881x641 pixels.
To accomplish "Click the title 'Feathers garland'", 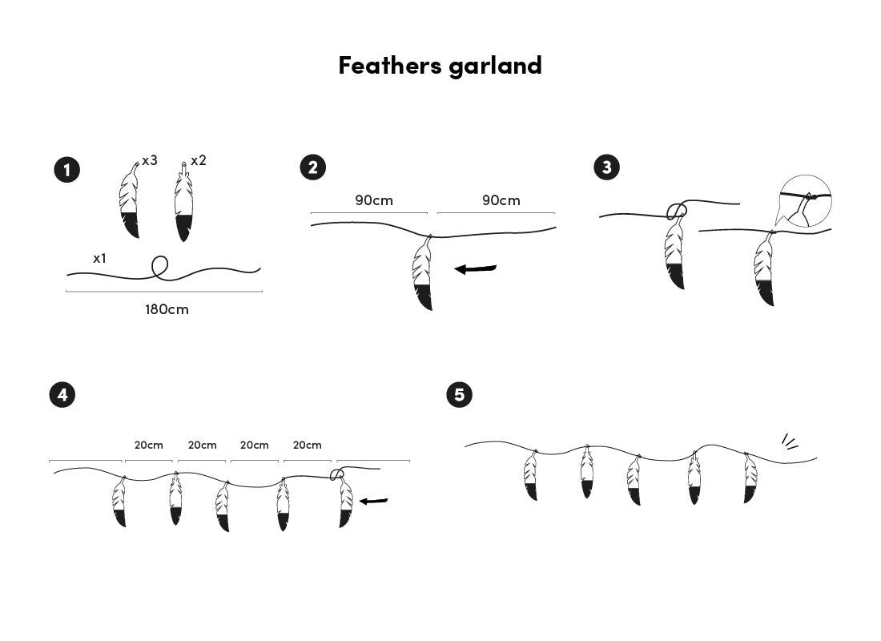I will [x=440, y=65].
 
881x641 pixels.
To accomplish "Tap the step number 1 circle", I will [x=66, y=170].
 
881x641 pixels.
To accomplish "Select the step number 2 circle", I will [x=312, y=167].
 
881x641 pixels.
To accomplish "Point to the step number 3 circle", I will [x=606, y=167].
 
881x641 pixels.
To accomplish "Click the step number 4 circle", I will [x=62, y=394].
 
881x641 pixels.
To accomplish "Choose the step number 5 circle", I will [x=459, y=394].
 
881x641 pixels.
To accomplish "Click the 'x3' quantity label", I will [x=150, y=160].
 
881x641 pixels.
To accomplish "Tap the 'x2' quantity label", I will [x=198, y=160].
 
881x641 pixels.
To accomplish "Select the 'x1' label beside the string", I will [x=100, y=258].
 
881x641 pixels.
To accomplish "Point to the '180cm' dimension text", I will [x=167, y=309].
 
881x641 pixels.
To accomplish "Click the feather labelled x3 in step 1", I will [x=130, y=200].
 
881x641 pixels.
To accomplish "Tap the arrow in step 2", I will [x=476, y=269].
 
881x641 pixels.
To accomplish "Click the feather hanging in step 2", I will [x=422, y=274].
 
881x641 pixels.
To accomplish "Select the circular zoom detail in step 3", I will [x=805, y=200].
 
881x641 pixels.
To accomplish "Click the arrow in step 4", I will [x=373, y=502].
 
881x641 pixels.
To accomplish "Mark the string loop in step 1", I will [x=160, y=267].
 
